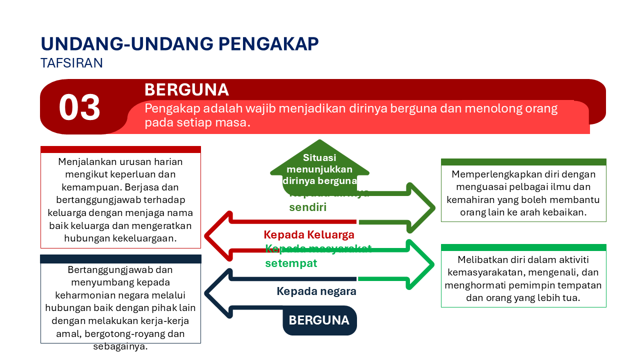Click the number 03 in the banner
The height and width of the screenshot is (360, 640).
click(79, 108)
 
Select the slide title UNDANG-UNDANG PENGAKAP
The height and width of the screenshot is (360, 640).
click(179, 44)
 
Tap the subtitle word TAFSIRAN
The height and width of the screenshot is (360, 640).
click(71, 63)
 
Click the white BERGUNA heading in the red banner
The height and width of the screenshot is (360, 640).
click(186, 90)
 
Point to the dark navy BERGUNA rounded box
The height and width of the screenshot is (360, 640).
click(319, 320)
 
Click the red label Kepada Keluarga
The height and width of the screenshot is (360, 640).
click(309, 234)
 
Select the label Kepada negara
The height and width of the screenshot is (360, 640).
click(316, 291)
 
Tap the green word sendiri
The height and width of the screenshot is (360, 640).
click(307, 207)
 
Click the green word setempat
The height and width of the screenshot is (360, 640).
click(291, 263)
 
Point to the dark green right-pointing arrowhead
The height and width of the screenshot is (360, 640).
click(421, 207)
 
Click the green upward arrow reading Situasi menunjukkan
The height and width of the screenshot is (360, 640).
click(319, 165)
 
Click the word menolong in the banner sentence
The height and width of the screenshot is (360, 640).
click(468, 108)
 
